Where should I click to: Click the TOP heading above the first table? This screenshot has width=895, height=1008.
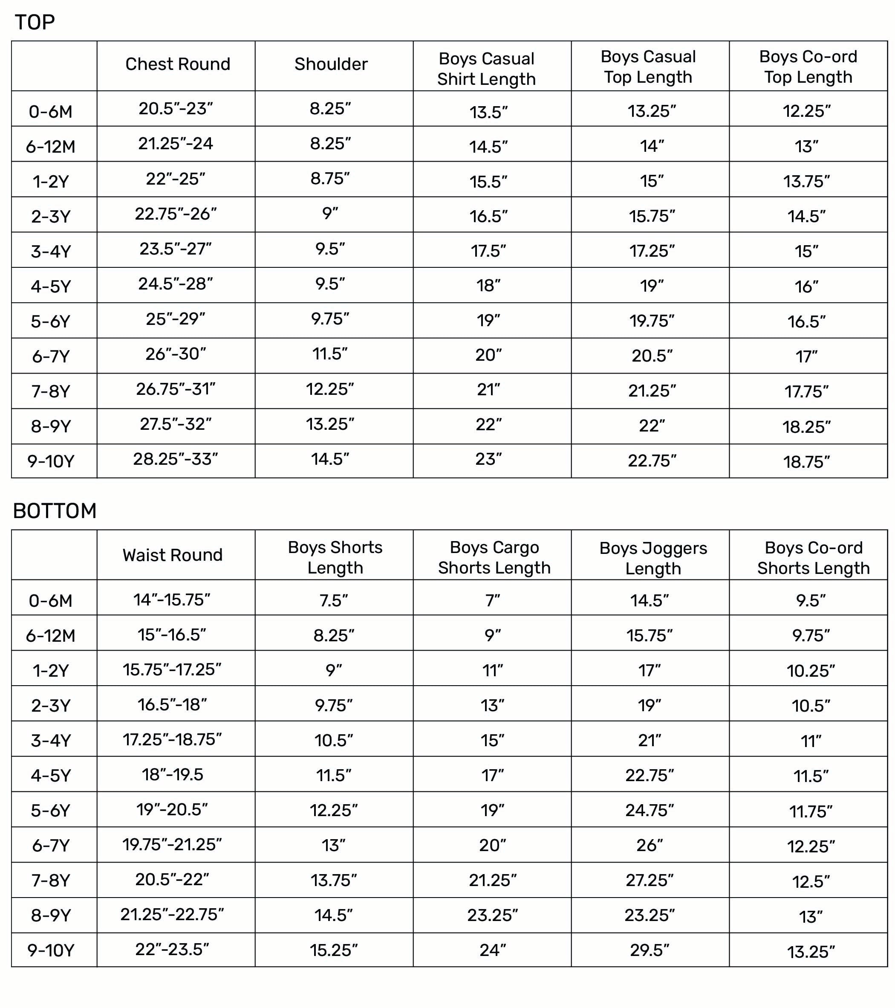point(35,22)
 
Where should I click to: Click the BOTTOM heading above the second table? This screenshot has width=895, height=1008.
point(55,511)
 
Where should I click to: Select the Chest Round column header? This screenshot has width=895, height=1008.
point(177,64)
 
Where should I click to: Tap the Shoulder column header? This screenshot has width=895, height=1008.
point(331,64)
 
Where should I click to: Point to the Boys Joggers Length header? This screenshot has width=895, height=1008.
point(652,558)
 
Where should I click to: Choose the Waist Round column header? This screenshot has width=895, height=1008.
point(173,555)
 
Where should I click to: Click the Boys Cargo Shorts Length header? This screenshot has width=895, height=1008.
point(494,557)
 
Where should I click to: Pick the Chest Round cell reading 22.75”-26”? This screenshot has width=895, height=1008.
point(176,214)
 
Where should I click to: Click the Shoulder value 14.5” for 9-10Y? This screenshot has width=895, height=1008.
point(330,459)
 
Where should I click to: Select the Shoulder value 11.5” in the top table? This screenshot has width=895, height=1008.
point(330,353)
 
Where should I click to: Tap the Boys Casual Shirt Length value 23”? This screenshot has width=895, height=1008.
point(488,459)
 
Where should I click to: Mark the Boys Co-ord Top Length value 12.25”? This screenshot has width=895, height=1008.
point(806,111)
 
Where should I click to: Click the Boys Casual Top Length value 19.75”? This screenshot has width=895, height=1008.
point(652,321)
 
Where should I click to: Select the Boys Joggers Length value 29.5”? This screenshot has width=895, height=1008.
point(650,950)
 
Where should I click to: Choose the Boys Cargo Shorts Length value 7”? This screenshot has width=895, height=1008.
point(492,601)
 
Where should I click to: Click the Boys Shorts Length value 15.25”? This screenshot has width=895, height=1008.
point(334,950)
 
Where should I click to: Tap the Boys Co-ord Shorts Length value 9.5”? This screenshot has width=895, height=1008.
point(811,601)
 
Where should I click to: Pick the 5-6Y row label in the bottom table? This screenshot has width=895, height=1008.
point(51,811)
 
